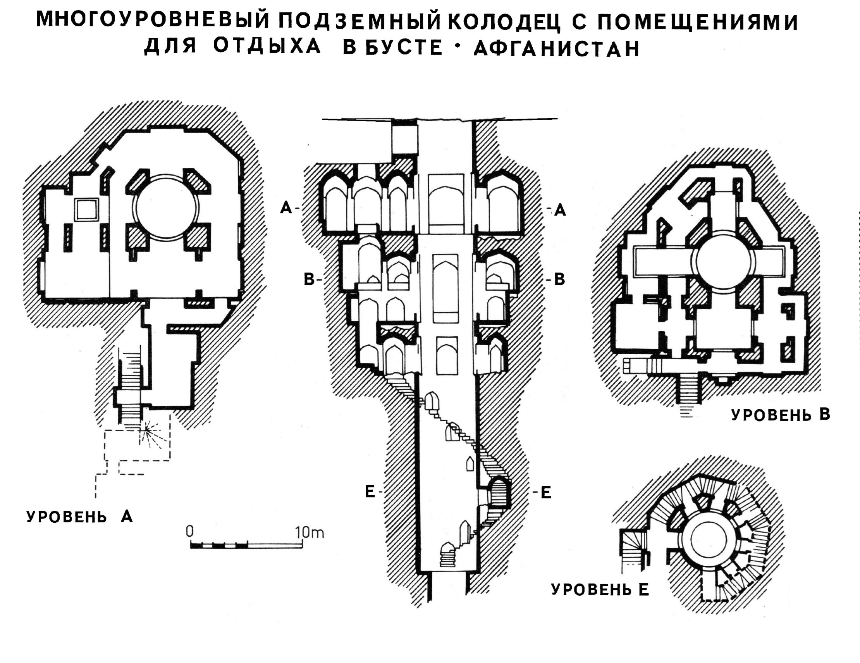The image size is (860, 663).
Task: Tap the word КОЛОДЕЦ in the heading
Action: [x=504, y=22]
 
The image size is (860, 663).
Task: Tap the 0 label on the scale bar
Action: [x=190, y=532]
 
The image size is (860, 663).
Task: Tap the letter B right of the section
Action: [x=559, y=280]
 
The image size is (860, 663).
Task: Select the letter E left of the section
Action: [x=370, y=492]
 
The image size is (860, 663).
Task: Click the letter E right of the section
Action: [x=546, y=493]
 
